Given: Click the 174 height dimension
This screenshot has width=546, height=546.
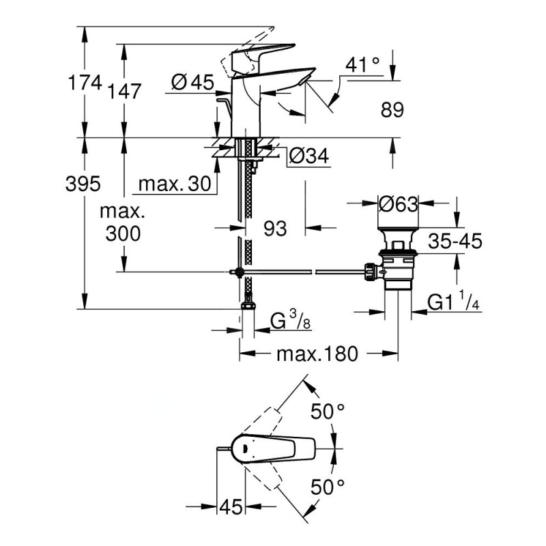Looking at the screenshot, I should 85,83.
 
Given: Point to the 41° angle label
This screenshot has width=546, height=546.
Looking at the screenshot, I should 362,66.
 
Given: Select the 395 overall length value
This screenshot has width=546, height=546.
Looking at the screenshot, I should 83,183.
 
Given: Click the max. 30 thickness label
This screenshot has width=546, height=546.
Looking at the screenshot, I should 171,184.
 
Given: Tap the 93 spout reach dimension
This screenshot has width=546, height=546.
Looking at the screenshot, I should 274,229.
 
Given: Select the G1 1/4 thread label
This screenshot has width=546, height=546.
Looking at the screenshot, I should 453,302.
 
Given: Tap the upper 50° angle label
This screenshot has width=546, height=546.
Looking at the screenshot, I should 328,412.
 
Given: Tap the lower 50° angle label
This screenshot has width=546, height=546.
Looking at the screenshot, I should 328,487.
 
